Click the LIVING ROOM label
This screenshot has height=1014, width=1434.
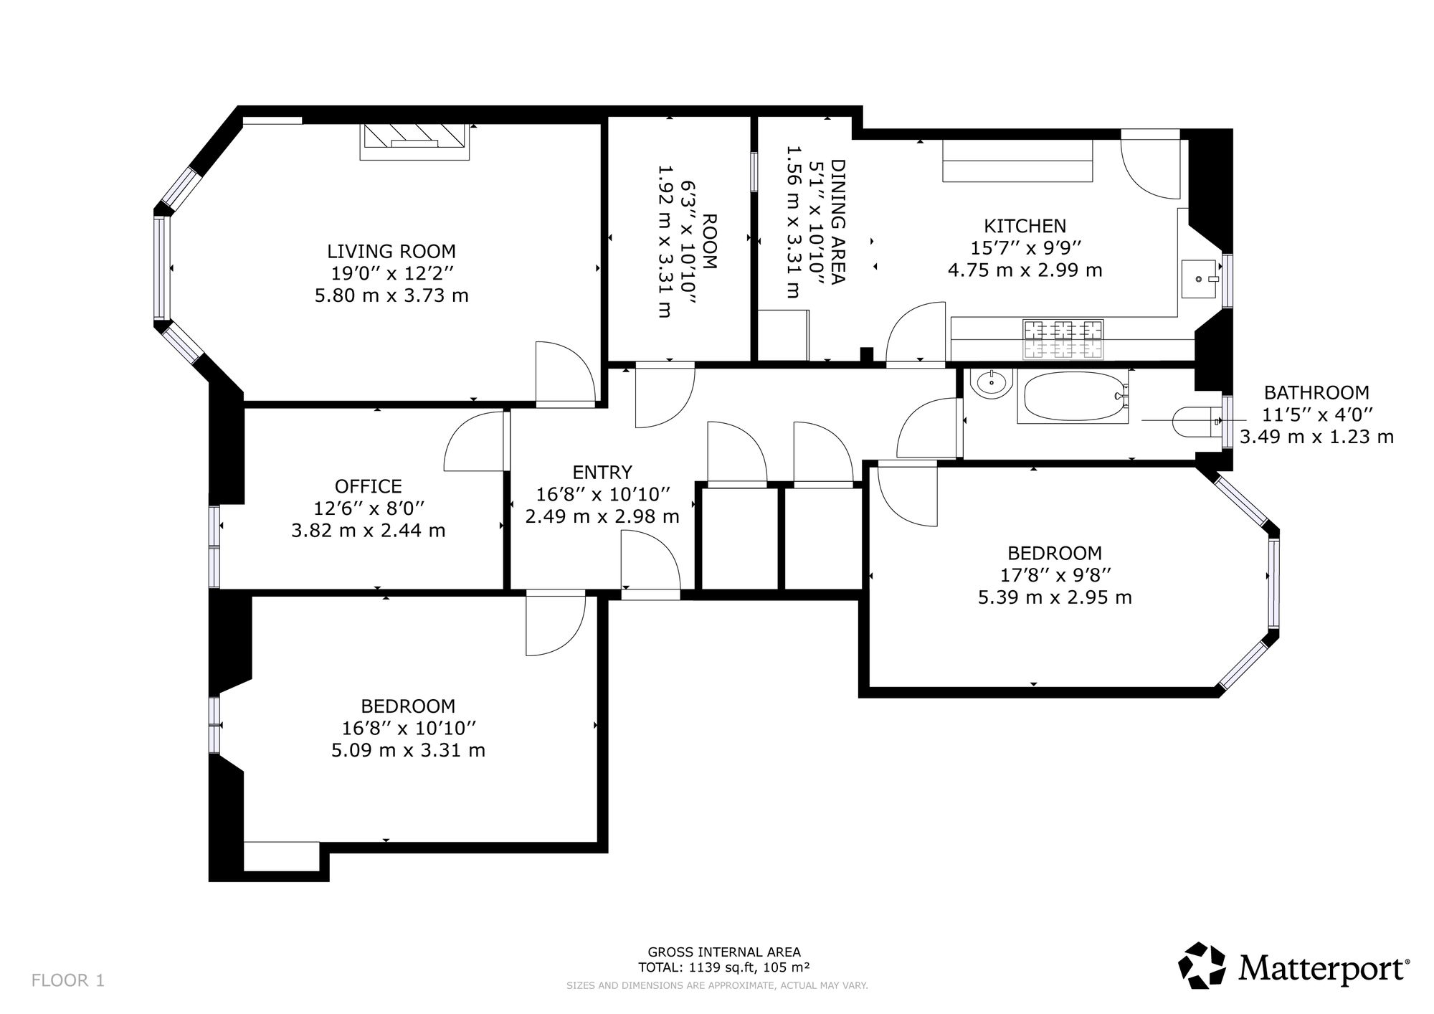point(391,252)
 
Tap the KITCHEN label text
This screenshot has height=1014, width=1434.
point(1025,227)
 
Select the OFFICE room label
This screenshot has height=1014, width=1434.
point(369,486)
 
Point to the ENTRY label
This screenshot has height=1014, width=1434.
point(602,472)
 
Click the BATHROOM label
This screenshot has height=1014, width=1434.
point(1316,393)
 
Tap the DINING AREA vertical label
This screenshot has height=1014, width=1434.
point(837,222)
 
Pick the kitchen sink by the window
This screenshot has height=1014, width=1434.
point(1200,279)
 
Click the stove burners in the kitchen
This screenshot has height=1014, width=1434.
point(1063,339)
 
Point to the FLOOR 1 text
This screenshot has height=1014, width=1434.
point(68,980)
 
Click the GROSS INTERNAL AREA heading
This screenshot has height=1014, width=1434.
point(724,952)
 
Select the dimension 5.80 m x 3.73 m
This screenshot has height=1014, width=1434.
point(391,295)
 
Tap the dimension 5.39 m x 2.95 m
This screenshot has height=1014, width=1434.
point(1055,597)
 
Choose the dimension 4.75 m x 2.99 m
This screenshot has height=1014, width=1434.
point(1025,270)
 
